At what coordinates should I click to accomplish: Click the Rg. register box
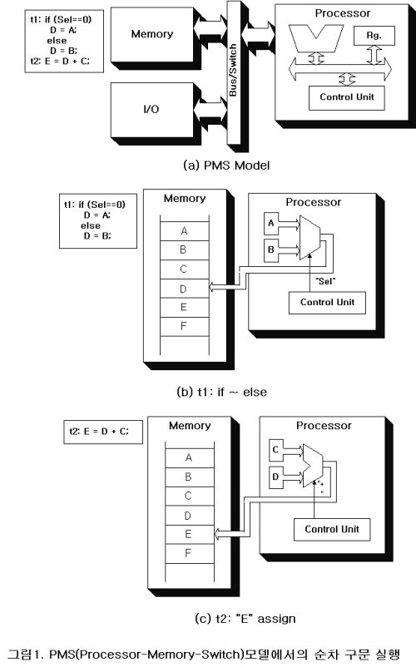(369, 36)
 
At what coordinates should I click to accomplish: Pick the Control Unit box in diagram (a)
(346, 96)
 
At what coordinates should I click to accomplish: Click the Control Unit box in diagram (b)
(326, 301)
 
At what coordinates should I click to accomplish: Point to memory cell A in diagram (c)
(189, 457)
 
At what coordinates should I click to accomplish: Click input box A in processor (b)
(271, 224)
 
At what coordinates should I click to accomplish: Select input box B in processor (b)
(271, 248)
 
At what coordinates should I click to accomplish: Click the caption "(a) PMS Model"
(225, 165)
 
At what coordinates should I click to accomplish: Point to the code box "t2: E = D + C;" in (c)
(105, 432)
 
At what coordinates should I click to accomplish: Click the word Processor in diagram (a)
(343, 13)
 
